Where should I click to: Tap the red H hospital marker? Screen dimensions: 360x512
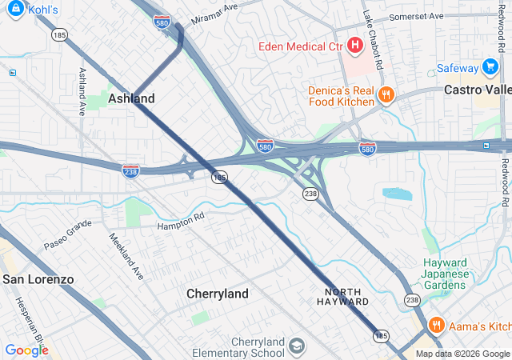(x=353, y=46)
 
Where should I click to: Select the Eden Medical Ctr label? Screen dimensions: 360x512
(x=300, y=46)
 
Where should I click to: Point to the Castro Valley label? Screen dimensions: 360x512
(x=477, y=90)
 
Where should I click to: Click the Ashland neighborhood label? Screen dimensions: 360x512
(x=132, y=98)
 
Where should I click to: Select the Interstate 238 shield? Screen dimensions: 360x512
(x=130, y=170)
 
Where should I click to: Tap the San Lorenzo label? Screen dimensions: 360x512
(x=38, y=279)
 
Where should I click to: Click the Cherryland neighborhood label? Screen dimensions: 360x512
(x=218, y=294)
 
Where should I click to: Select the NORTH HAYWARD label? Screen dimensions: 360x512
(x=346, y=296)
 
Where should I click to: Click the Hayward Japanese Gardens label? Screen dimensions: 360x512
(x=445, y=274)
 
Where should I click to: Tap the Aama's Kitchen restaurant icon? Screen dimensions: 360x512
(x=436, y=326)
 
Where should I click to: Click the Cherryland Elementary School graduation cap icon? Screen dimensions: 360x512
(x=297, y=346)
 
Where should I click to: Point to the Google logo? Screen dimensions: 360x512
(x=26, y=350)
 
